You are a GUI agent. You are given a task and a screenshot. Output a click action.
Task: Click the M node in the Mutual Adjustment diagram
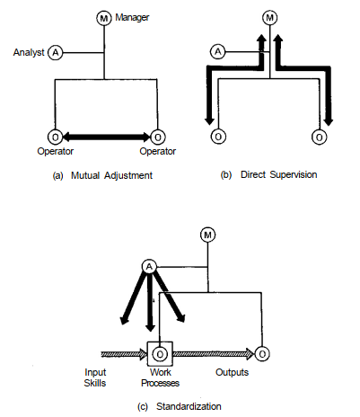(104, 18)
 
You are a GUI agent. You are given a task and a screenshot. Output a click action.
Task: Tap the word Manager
(132, 18)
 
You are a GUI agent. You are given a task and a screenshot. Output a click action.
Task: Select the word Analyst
(29, 52)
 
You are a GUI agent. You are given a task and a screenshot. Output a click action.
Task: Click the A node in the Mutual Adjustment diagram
(56, 53)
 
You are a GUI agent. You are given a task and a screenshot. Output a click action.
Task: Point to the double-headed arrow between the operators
(106, 138)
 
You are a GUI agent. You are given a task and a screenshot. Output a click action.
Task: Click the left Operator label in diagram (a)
(56, 151)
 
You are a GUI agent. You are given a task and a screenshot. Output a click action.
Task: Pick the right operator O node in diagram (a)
(157, 138)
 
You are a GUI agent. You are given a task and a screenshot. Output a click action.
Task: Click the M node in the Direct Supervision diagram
(270, 18)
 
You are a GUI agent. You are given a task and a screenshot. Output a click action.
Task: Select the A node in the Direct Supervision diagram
(218, 52)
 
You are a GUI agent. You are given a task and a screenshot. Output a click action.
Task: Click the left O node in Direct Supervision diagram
(218, 137)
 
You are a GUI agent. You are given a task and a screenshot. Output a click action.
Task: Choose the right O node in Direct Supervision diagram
(320, 138)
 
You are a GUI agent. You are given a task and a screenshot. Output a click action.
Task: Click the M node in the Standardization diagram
(207, 235)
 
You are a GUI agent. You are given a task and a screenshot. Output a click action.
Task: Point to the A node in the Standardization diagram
(149, 267)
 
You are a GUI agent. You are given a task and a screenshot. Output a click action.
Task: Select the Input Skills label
(95, 377)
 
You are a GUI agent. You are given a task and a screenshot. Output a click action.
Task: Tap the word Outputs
(233, 372)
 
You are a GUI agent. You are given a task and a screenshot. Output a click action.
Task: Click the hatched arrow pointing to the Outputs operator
(214, 354)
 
